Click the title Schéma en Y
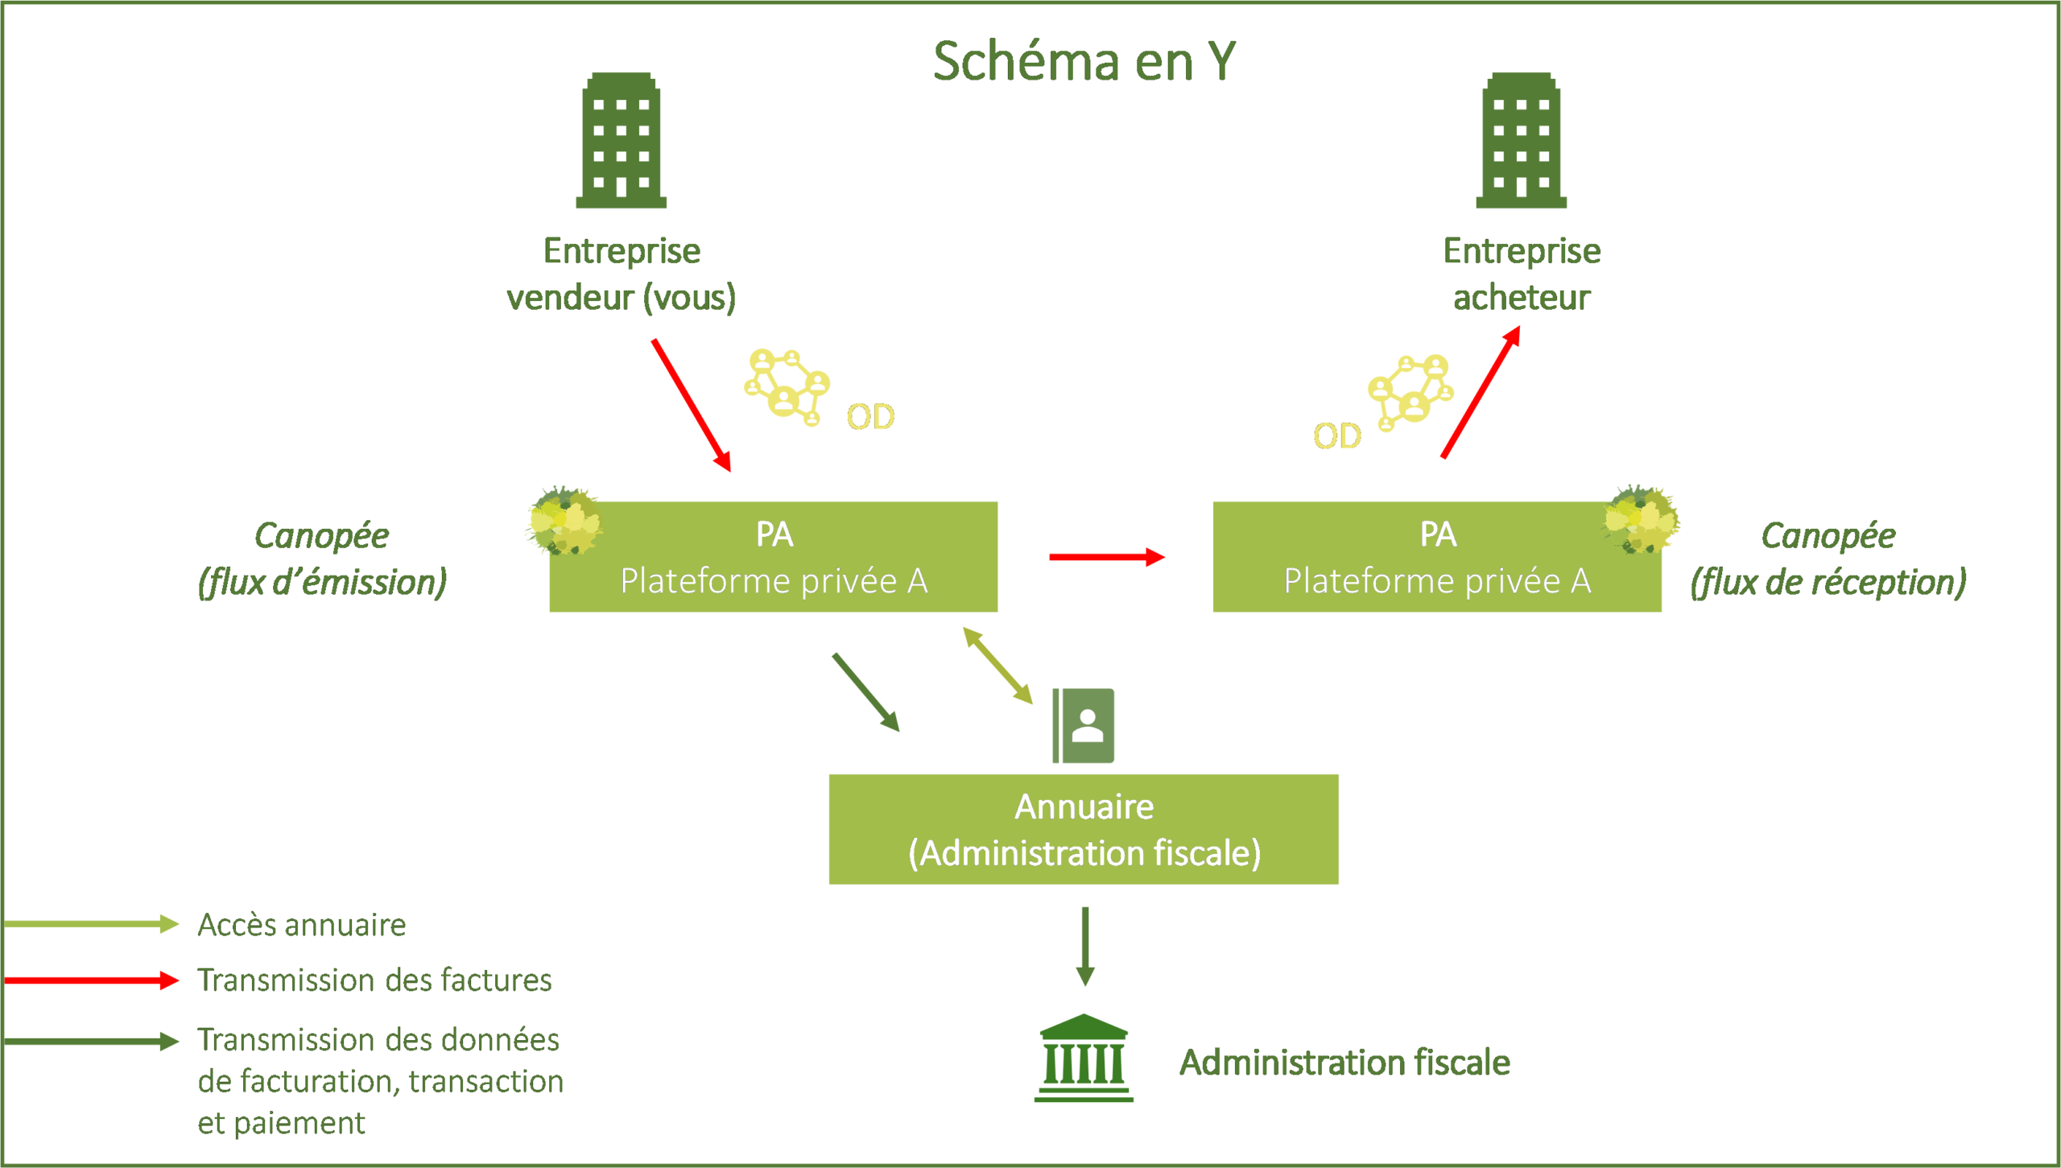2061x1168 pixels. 1084,61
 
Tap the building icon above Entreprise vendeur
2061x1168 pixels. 621,141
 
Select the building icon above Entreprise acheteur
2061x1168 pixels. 1521,141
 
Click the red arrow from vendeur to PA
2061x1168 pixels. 691,404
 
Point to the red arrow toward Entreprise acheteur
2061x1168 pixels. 1481,392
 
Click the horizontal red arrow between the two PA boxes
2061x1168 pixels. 1107,556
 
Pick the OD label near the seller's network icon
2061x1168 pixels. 870,417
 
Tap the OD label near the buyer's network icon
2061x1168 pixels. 1336,436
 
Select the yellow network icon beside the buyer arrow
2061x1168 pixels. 1410,392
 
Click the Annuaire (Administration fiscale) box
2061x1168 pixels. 1084,829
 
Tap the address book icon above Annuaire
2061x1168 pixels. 1084,725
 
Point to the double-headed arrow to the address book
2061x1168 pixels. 997,666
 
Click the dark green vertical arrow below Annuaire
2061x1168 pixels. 1084,946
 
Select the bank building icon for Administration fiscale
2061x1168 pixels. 1084,1058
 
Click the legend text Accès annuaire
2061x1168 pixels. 302,925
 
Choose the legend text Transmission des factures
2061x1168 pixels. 374,980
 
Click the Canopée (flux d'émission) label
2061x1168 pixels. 322,559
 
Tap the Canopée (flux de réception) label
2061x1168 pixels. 1828,559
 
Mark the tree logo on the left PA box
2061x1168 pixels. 564,521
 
